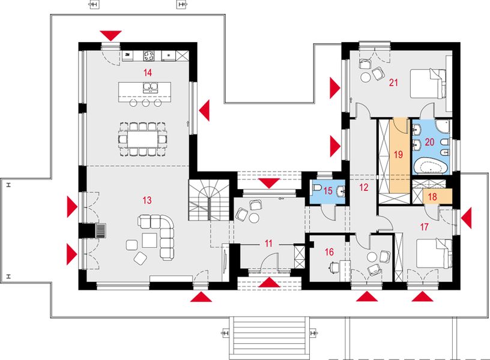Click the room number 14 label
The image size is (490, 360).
click(148, 73)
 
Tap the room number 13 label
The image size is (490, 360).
click(147, 200)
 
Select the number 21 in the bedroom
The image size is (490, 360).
click(393, 83)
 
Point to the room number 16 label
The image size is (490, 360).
click(329, 251)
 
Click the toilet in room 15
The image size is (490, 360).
click(316, 188)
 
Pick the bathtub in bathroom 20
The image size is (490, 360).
click(431, 166)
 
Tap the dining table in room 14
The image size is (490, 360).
click(142, 139)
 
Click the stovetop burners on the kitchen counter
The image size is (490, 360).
click(149, 56)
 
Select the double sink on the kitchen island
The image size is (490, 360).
click(150, 88)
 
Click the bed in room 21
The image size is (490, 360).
click(428, 84)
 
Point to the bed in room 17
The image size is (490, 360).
click(434, 254)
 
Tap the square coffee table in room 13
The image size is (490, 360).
click(150, 240)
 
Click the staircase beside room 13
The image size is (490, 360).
click(209, 200)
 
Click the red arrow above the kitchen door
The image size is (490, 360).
click(111, 35)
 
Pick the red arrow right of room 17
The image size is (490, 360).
click(467, 218)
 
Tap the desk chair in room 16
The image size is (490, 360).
click(333, 266)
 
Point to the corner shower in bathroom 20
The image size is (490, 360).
click(442, 126)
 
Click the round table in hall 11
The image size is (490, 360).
click(253, 218)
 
